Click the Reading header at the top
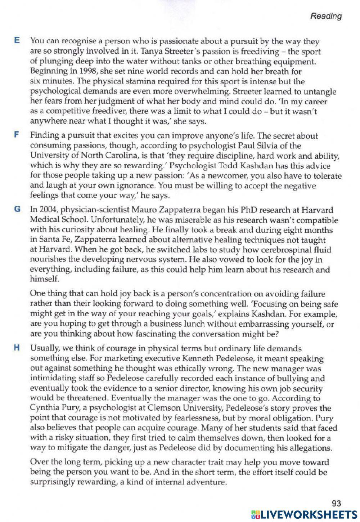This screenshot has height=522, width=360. tap(326, 16)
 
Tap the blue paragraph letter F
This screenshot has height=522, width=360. tap(16, 135)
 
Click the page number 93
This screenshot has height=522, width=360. tap(336, 503)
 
